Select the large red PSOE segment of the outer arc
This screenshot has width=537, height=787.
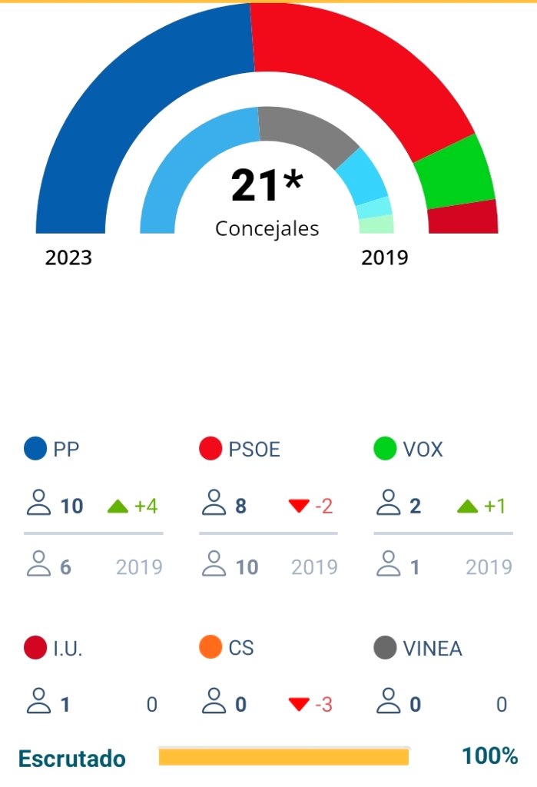(361, 69)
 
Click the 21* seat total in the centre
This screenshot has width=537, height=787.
(267, 185)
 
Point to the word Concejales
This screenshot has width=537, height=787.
(267, 229)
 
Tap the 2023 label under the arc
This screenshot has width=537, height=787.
(68, 257)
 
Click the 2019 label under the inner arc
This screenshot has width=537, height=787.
(385, 257)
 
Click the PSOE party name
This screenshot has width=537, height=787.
(254, 450)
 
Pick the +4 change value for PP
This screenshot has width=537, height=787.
(146, 506)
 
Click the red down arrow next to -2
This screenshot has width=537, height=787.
(298, 506)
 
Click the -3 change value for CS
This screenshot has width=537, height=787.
(323, 705)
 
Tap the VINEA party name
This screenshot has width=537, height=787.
(433, 649)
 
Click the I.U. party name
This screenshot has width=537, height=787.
(68, 649)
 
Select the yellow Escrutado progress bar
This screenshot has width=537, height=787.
(283, 757)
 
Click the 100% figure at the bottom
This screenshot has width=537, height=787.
(489, 756)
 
